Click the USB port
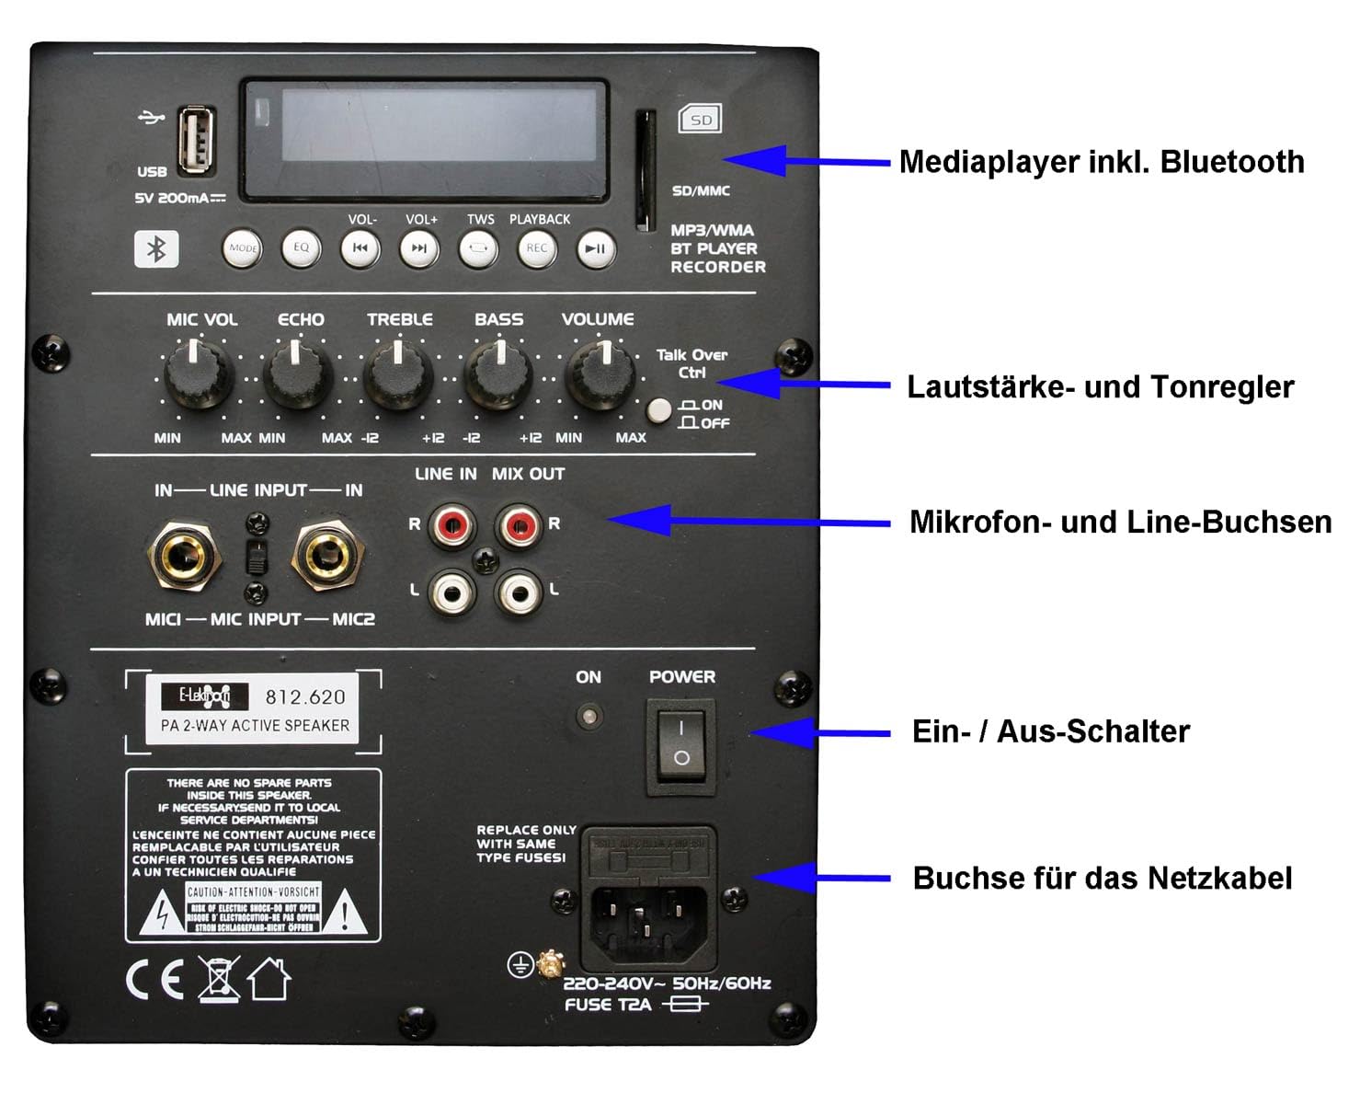pos(196,141)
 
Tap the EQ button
pos(301,247)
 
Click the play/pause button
pos(596,248)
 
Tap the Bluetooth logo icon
pos(156,248)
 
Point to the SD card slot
pos(646,171)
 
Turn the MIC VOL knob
pos(198,375)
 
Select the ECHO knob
pos(298,375)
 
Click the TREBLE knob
pos(398,375)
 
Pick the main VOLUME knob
pos(600,375)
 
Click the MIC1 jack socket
pos(184,555)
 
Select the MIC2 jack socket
pos(327,555)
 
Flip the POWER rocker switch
pos(681,743)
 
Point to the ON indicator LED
pos(589,716)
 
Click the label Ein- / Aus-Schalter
pos(1050,731)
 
